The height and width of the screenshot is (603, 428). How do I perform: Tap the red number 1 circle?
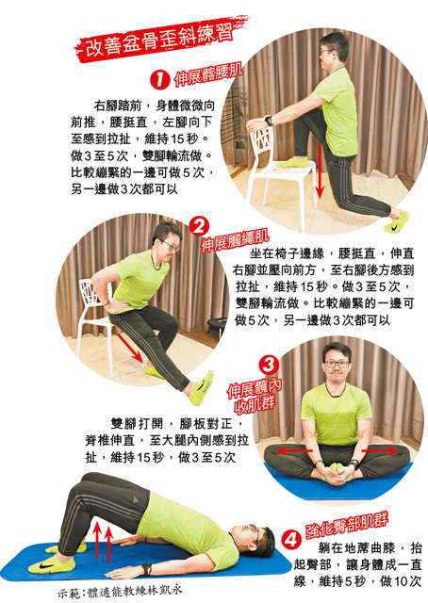(x=159, y=80)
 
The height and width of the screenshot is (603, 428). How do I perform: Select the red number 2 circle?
(x=199, y=227)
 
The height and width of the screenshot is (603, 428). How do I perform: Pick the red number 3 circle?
(x=269, y=365)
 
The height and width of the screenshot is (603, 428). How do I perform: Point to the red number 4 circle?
(x=290, y=540)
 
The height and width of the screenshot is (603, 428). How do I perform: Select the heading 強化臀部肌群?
(x=347, y=526)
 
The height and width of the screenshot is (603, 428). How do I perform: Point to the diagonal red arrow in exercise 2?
(x=131, y=349)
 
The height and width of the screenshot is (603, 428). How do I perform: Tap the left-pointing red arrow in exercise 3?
(x=294, y=450)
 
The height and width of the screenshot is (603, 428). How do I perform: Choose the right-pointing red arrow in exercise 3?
(x=380, y=450)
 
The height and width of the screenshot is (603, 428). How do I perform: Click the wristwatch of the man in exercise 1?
(x=269, y=121)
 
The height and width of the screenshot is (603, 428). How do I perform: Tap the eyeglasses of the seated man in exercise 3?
(x=337, y=364)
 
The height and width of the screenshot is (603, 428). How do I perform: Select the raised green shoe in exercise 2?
(x=202, y=388)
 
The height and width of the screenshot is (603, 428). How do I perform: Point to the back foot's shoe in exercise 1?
(x=397, y=221)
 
